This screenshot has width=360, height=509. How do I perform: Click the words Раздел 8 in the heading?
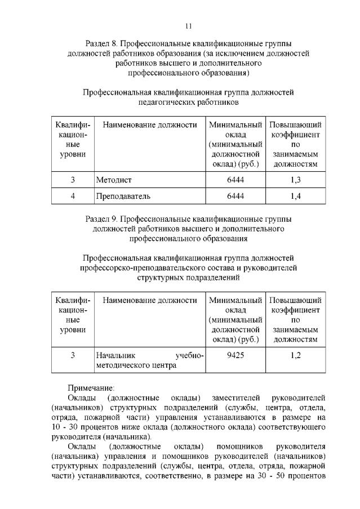pos(100,43)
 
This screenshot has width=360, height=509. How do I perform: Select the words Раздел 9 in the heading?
pos(100,219)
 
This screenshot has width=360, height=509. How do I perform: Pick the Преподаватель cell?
pos(123,196)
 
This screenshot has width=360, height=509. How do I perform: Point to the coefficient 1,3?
pos(295,180)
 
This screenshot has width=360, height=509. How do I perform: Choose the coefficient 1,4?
pos(295,196)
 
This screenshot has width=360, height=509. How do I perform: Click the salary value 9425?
pos(235,355)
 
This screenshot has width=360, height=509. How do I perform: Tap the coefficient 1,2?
pos(295,355)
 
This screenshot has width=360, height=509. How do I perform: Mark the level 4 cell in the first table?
pos(73,196)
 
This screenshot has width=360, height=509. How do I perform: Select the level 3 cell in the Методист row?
pos(73,180)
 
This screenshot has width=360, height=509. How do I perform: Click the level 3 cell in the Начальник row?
pos(73,355)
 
